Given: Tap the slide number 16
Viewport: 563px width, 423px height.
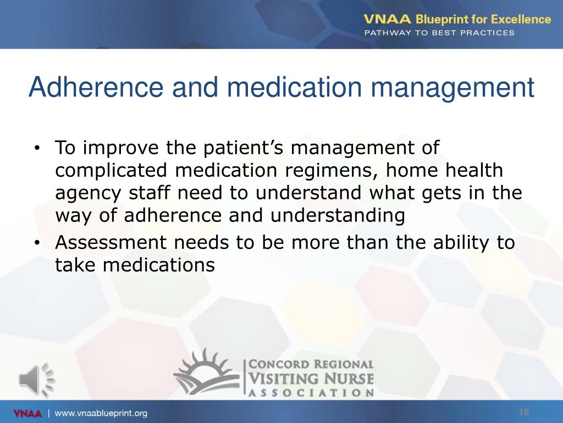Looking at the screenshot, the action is [524, 412].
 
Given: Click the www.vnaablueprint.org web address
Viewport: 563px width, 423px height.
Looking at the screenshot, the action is [101, 413].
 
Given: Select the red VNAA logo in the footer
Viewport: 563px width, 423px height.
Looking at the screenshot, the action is [27, 413].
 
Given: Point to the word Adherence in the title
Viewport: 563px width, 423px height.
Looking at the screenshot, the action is [96, 88].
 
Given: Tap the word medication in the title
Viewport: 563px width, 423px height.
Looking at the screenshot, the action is [295, 88].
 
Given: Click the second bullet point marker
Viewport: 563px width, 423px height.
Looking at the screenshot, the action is [37, 243].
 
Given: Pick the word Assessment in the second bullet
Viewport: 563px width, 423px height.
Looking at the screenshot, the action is [111, 242].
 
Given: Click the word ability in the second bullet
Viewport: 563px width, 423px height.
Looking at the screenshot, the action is [461, 243].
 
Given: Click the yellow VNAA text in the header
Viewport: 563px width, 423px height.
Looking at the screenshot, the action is [387, 19].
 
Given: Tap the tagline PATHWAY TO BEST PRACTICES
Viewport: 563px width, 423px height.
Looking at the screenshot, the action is [439, 32].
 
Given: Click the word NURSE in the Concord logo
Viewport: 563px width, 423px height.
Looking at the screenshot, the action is [347, 379].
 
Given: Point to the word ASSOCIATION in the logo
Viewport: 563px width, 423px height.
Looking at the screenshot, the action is [311, 392].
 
